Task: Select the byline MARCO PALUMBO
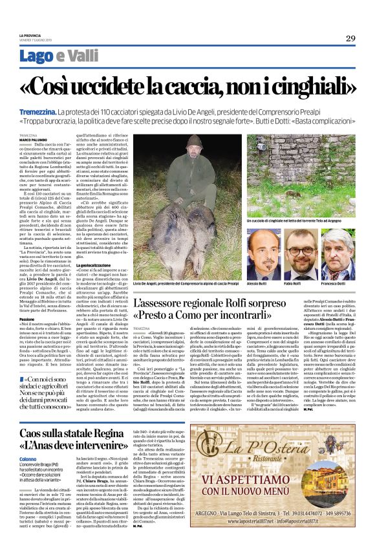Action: pos(32,139)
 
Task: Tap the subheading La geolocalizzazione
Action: pos(95,265)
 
